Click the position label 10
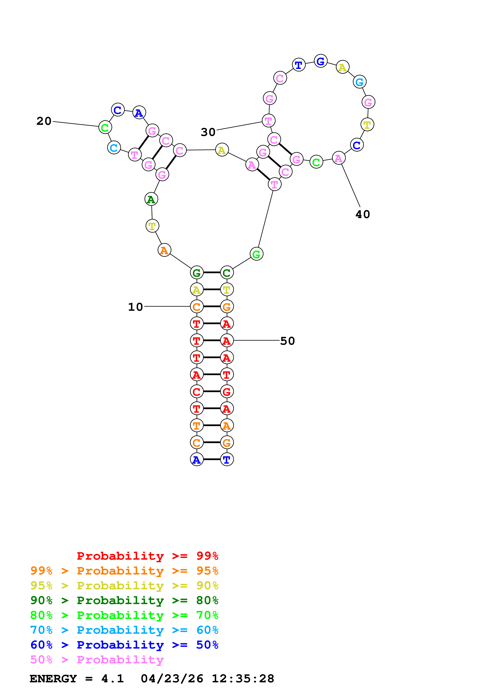click(x=135, y=307)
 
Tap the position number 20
click(x=44, y=121)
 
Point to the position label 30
click(x=208, y=132)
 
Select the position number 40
click(x=363, y=214)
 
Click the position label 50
click(x=287, y=341)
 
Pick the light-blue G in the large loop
click(x=359, y=82)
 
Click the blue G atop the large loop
click(x=320, y=61)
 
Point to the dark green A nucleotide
click(x=151, y=199)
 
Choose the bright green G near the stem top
click(x=256, y=254)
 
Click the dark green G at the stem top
click(x=196, y=273)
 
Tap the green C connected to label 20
click(x=105, y=127)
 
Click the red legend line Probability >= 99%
click(x=147, y=556)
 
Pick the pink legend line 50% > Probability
click(x=97, y=660)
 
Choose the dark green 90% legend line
click(x=124, y=600)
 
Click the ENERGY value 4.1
click(x=112, y=679)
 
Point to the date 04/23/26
click(x=172, y=679)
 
